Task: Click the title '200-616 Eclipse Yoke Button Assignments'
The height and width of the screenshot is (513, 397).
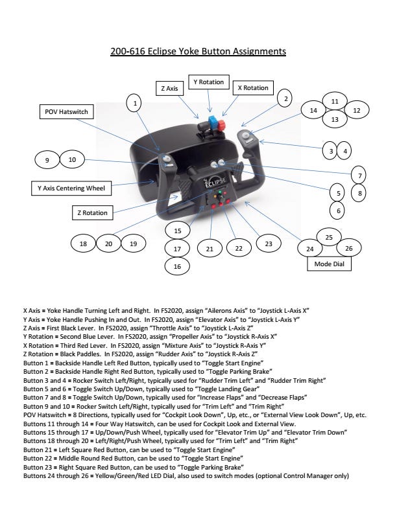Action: pyautogui.click(x=198, y=51)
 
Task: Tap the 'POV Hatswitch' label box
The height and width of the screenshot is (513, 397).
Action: pyautogui.click(x=67, y=111)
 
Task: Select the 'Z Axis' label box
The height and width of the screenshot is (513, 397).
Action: pyautogui.click(x=169, y=88)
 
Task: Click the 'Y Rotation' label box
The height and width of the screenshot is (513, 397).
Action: pyautogui.click(x=209, y=82)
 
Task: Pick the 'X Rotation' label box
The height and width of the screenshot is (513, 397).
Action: pyautogui.click(x=253, y=87)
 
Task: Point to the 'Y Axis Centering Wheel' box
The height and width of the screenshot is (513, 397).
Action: pyautogui.click(x=71, y=188)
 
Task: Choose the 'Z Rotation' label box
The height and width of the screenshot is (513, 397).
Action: pyautogui.click(x=92, y=212)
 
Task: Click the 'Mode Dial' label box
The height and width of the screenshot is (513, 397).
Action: pyautogui.click(x=329, y=264)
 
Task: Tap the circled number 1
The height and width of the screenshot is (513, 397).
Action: pyautogui.click(x=134, y=103)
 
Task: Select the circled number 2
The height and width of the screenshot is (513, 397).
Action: pyautogui.click(x=285, y=98)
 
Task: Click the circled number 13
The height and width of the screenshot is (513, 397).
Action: pyautogui.click(x=335, y=119)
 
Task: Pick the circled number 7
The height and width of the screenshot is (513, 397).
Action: pyautogui.click(x=359, y=176)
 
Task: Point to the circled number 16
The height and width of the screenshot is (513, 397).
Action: pyautogui.click(x=177, y=266)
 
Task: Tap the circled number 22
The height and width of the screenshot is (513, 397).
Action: pyautogui.click(x=239, y=248)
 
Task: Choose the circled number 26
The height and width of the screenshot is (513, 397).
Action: pyautogui.click(x=349, y=248)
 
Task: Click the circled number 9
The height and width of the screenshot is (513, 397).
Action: pyautogui.click(x=47, y=160)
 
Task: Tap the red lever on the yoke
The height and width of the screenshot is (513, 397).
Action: pyautogui.click(x=222, y=124)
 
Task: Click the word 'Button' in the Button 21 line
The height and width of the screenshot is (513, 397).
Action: pyautogui.click(x=33, y=450)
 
